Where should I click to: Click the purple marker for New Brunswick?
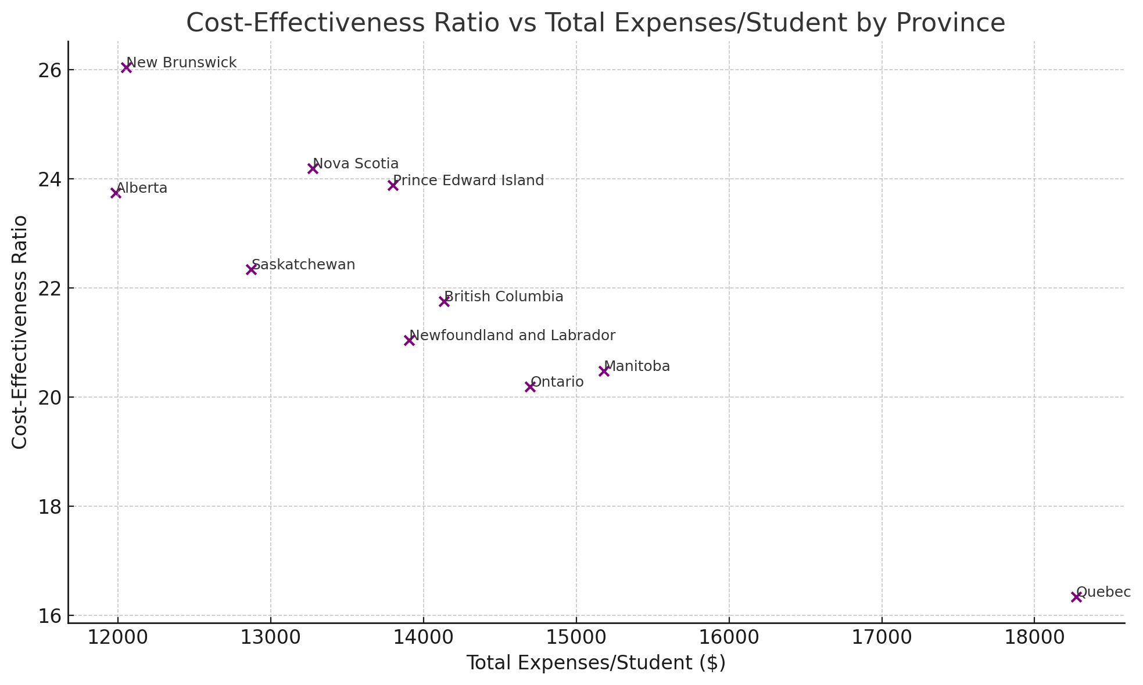coord(126,68)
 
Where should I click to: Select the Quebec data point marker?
coord(1076,597)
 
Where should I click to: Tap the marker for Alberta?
coord(116,193)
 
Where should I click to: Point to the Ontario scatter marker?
coord(530,387)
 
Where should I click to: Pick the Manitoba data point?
coord(604,371)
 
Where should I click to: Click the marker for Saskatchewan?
coord(251,269)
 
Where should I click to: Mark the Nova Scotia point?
coord(313,168)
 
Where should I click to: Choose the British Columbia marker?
coord(444,301)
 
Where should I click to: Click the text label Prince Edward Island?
coord(468,181)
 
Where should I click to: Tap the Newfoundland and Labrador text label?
coord(512,336)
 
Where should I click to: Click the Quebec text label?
coord(1103,592)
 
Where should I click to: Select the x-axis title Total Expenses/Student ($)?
coord(596,663)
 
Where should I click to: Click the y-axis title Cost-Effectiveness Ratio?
coord(20,332)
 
